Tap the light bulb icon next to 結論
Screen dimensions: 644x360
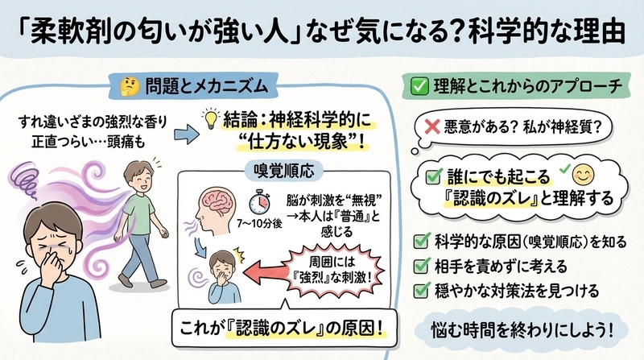click(x=211, y=118)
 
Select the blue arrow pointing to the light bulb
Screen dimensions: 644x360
click(x=187, y=134)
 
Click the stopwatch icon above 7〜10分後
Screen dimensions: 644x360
click(x=259, y=203)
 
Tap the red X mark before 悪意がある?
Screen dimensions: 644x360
click(x=431, y=126)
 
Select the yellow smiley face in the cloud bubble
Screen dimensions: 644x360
click(x=583, y=176)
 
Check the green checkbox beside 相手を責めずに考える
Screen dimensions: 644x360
click(x=421, y=266)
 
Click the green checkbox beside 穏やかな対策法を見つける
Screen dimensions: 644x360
click(x=421, y=290)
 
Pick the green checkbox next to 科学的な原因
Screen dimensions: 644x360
click(x=421, y=241)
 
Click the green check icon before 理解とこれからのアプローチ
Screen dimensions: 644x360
click(x=419, y=86)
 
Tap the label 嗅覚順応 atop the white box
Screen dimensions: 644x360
click(x=284, y=171)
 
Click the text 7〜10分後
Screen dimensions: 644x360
click(x=259, y=224)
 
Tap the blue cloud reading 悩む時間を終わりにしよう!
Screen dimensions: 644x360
click(x=522, y=329)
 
